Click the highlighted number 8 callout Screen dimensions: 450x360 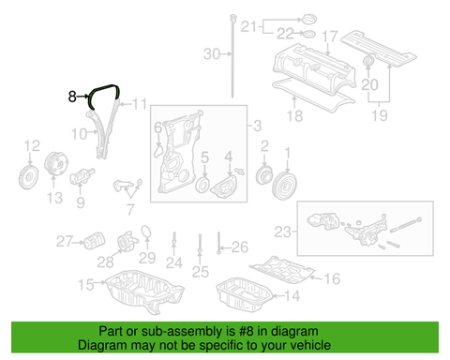point(72,97)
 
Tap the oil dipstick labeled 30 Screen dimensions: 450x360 point(232,55)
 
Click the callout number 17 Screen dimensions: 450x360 point(330,37)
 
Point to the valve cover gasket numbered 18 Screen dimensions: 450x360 point(313,95)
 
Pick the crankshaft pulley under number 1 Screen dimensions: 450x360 point(285,186)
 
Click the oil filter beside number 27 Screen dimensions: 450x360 point(94,241)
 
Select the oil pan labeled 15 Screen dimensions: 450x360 point(144,292)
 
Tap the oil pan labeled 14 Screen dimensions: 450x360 point(244,294)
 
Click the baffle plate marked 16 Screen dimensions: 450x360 point(282,269)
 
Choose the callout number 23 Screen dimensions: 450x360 point(282,232)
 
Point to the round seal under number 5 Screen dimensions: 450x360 point(202,185)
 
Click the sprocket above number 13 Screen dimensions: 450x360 point(56,163)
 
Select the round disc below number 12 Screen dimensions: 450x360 point(28,177)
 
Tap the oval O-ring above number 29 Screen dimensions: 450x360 point(146,232)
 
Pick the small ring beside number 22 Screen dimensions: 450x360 point(308,34)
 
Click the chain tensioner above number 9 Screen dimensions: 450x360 point(82,176)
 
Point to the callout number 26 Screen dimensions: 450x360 point(240,247)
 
